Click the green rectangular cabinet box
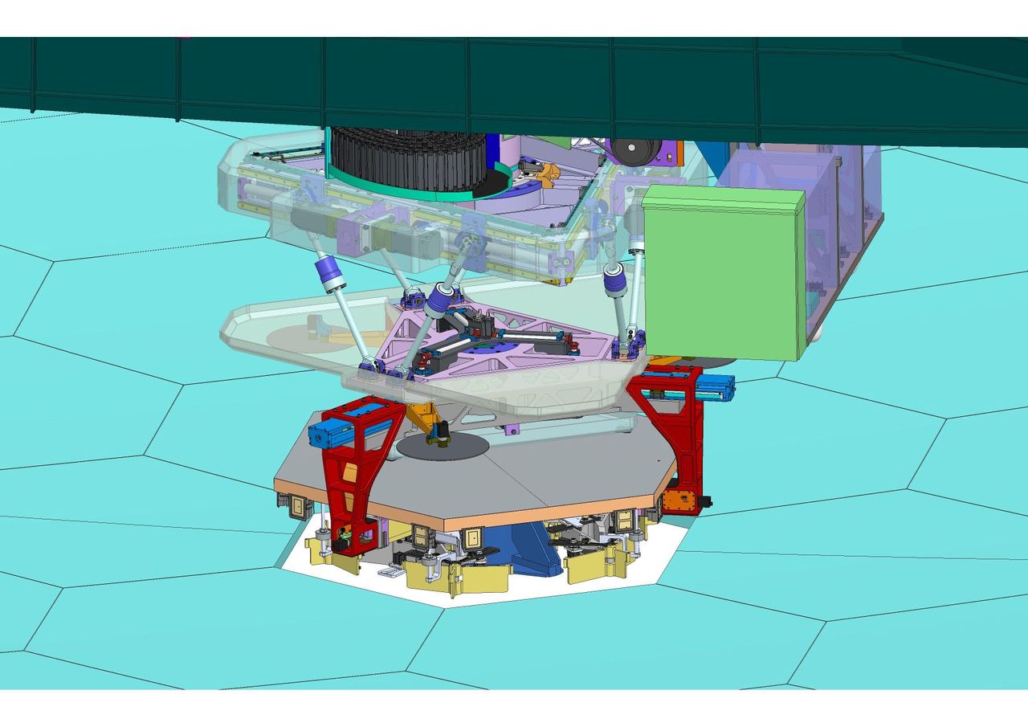[723, 273]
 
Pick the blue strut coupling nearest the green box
[615, 280]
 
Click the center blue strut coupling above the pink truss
[440, 299]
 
